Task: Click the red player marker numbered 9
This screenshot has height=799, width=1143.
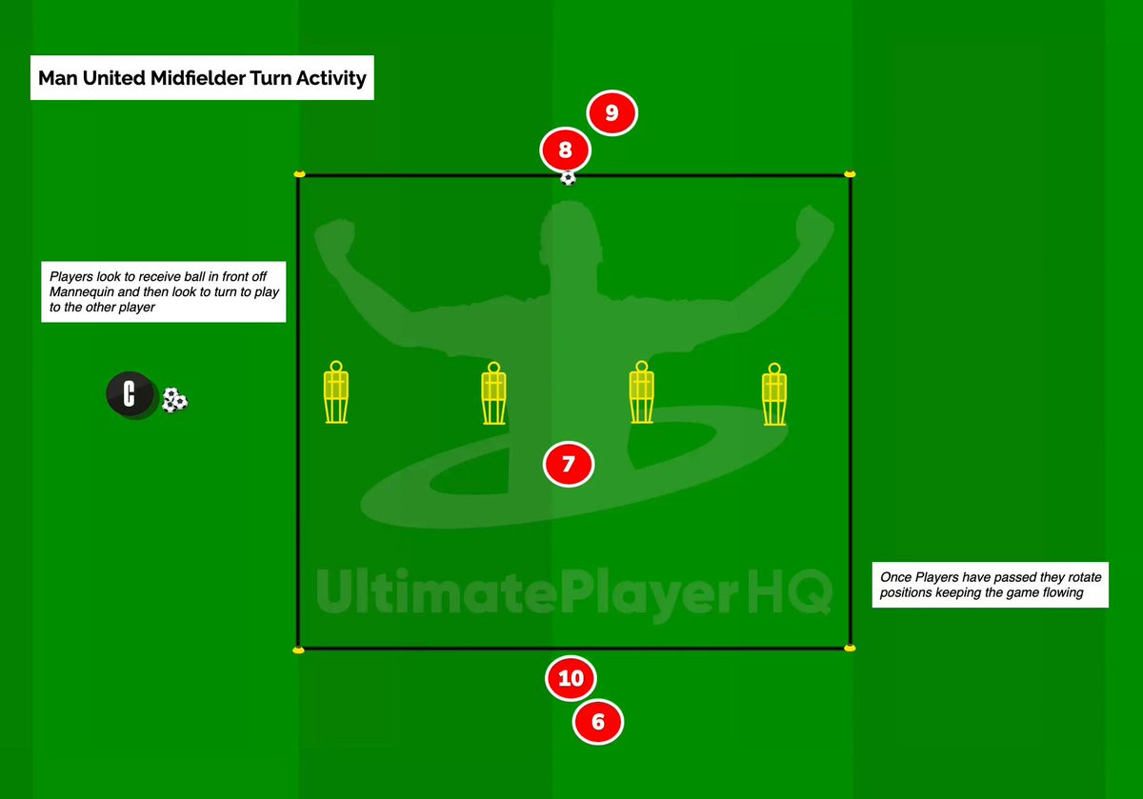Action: click(x=612, y=113)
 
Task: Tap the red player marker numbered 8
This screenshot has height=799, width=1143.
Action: click(x=566, y=150)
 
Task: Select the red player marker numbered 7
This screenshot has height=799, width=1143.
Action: click(x=569, y=465)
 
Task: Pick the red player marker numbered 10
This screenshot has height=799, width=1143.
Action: click(x=571, y=678)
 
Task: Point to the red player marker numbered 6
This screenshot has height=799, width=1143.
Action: click(x=597, y=722)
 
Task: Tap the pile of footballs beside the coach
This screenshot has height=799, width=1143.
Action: click(x=174, y=400)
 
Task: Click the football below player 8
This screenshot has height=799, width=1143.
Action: click(x=568, y=177)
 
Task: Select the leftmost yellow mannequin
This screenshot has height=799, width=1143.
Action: click(x=335, y=392)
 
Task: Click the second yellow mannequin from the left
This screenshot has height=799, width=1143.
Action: click(x=492, y=393)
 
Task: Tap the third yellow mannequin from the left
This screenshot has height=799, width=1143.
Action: click(x=641, y=393)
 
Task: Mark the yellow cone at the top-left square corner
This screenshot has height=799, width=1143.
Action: click(x=299, y=174)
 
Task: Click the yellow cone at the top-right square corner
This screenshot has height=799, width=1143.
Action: click(x=850, y=174)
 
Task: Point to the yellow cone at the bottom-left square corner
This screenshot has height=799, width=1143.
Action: click(x=299, y=649)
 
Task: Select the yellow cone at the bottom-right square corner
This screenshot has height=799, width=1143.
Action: click(x=850, y=648)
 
